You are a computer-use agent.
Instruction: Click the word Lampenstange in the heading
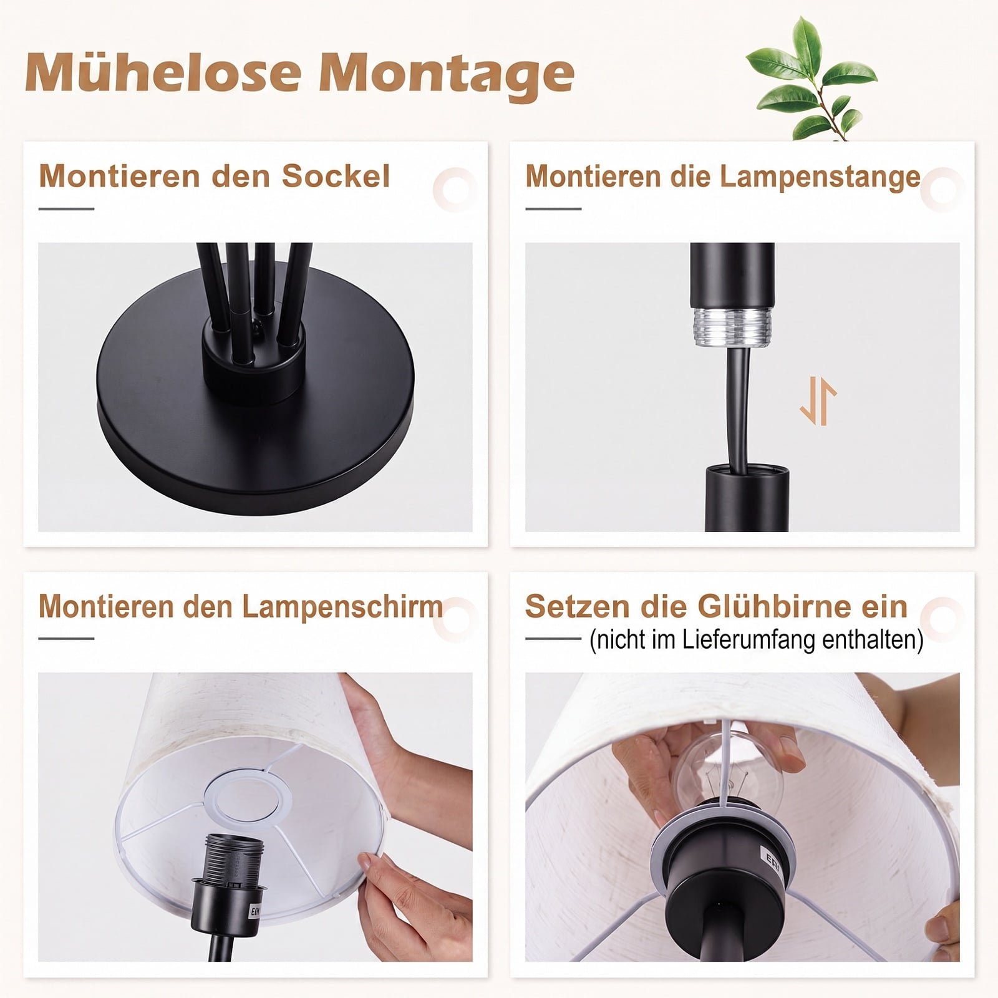[x=820, y=177]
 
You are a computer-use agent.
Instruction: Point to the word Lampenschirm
[x=342, y=607]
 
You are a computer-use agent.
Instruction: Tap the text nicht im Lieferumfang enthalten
[x=756, y=640]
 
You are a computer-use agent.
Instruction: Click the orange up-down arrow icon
[x=818, y=400]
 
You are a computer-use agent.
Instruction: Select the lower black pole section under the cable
[x=747, y=499]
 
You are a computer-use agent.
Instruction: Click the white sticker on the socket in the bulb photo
[x=771, y=860]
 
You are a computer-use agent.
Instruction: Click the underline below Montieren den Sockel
[x=66, y=209]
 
